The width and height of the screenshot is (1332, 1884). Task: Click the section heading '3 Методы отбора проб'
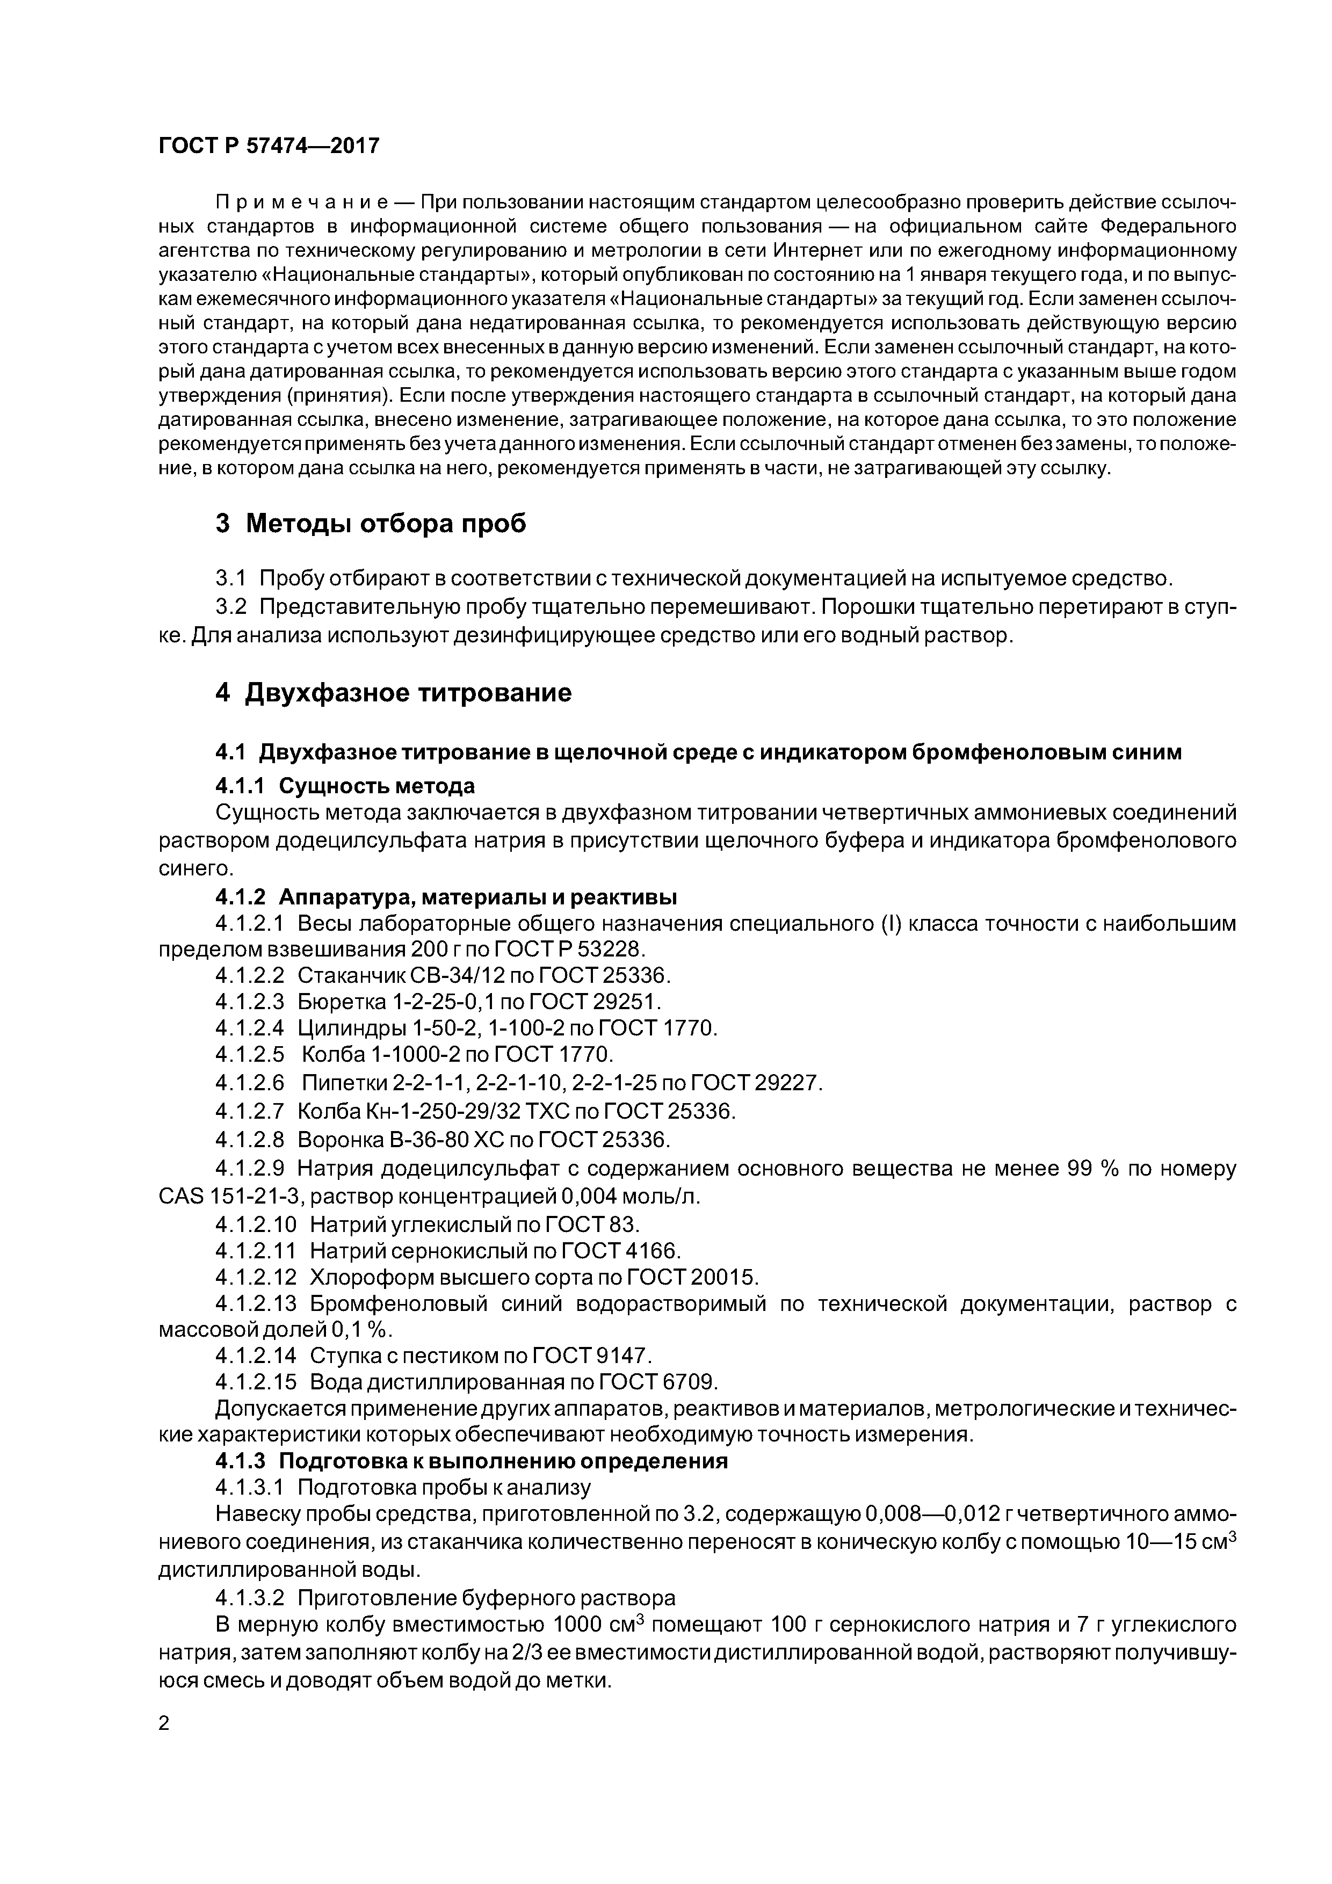[370, 523]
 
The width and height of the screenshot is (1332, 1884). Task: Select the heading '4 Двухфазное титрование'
[393, 693]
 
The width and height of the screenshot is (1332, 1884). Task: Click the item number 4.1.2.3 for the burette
[250, 1002]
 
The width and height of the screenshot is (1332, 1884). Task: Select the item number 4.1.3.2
[250, 1598]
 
